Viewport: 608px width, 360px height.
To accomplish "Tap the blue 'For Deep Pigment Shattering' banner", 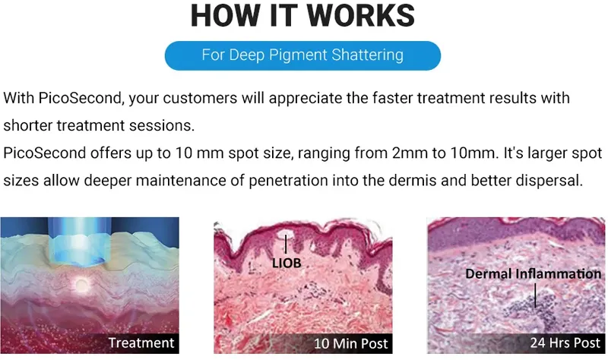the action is click(302, 55).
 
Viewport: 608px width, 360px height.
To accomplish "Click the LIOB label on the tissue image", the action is click(287, 263).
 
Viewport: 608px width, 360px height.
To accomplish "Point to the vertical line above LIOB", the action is click(286, 244).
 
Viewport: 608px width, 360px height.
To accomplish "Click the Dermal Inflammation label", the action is click(534, 273).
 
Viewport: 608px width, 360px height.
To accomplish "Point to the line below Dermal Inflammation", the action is click(535, 295).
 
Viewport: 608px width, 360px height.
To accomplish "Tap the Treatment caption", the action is click(141, 343).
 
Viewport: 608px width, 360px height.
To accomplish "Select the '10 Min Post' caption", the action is click(350, 344).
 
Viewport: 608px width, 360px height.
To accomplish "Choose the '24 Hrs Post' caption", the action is click(565, 343).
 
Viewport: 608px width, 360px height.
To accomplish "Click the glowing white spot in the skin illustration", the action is click(81, 286).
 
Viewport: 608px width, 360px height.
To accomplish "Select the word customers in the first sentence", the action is click(200, 98).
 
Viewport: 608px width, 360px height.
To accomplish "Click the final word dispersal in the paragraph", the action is click(549, 181).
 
